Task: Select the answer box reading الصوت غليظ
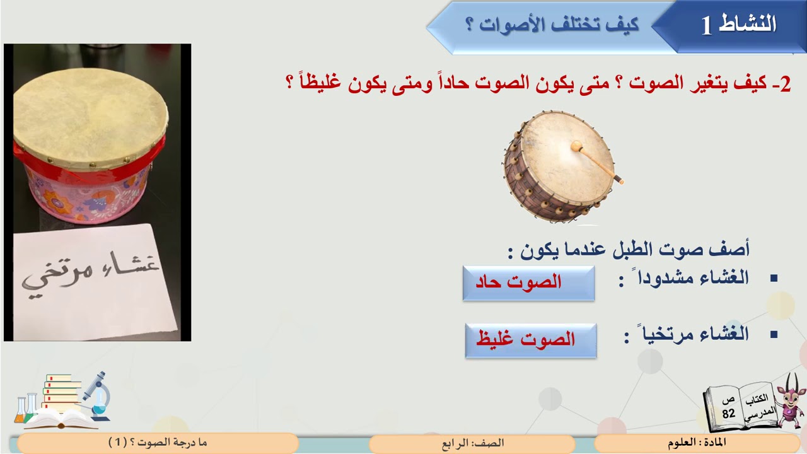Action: [x=531, y=340]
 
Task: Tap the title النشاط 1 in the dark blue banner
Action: [x=738, y=25]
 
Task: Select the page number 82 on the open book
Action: [x=729, y=413]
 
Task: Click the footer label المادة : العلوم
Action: [x=697, y=443]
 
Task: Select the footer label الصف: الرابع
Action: [x=472, y=443]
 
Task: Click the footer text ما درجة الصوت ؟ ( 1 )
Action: [x=157, y=443]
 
